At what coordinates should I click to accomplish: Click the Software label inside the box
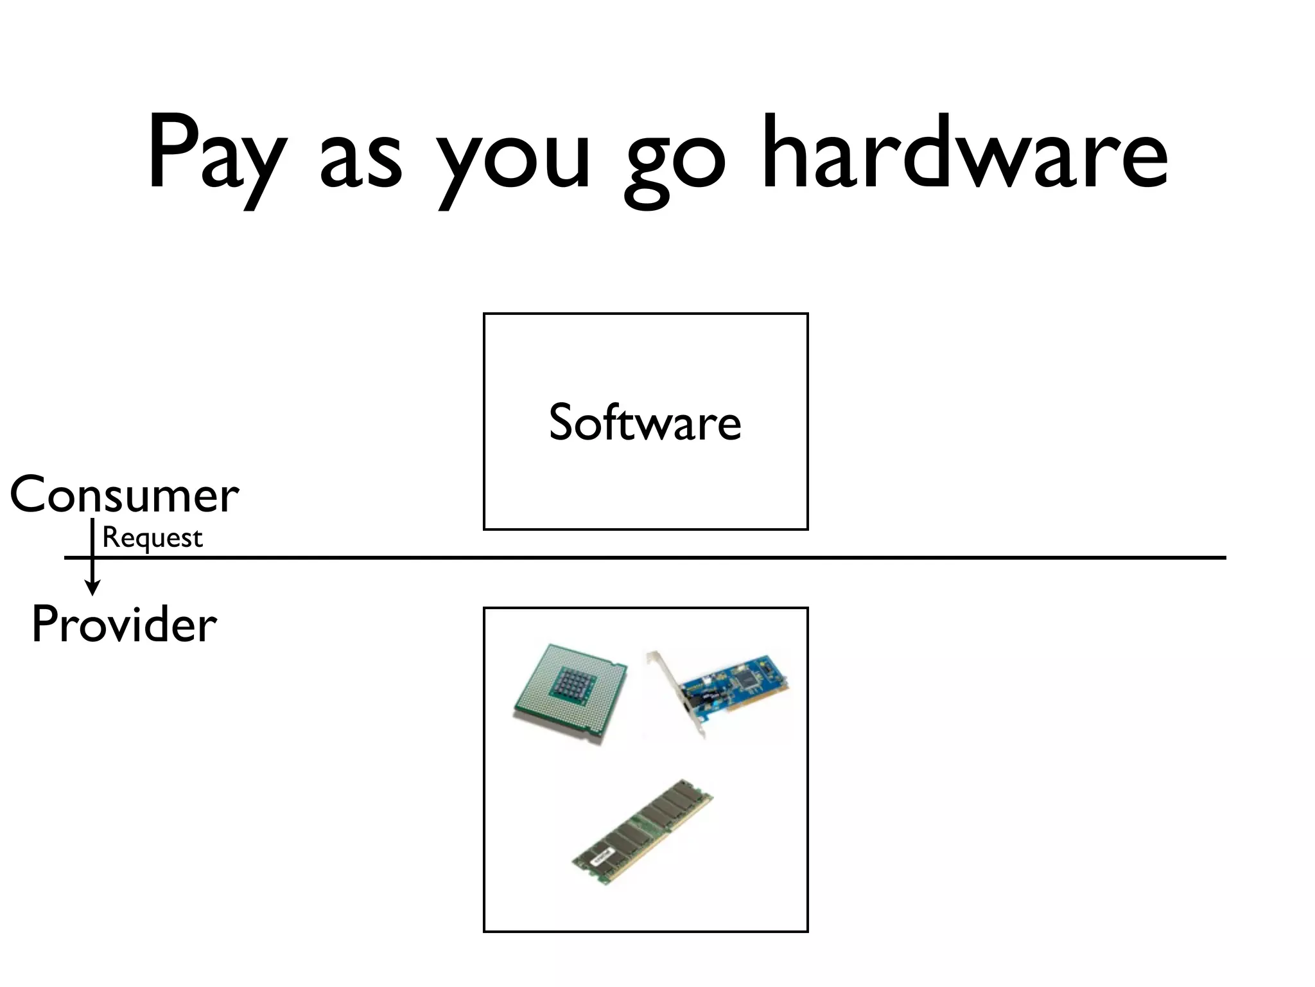[645, 423]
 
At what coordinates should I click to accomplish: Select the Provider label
[124, 625]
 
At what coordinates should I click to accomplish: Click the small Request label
[152, 538]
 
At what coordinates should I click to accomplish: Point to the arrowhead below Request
[93, 588]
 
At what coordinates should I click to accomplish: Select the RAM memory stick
[642, 833]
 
